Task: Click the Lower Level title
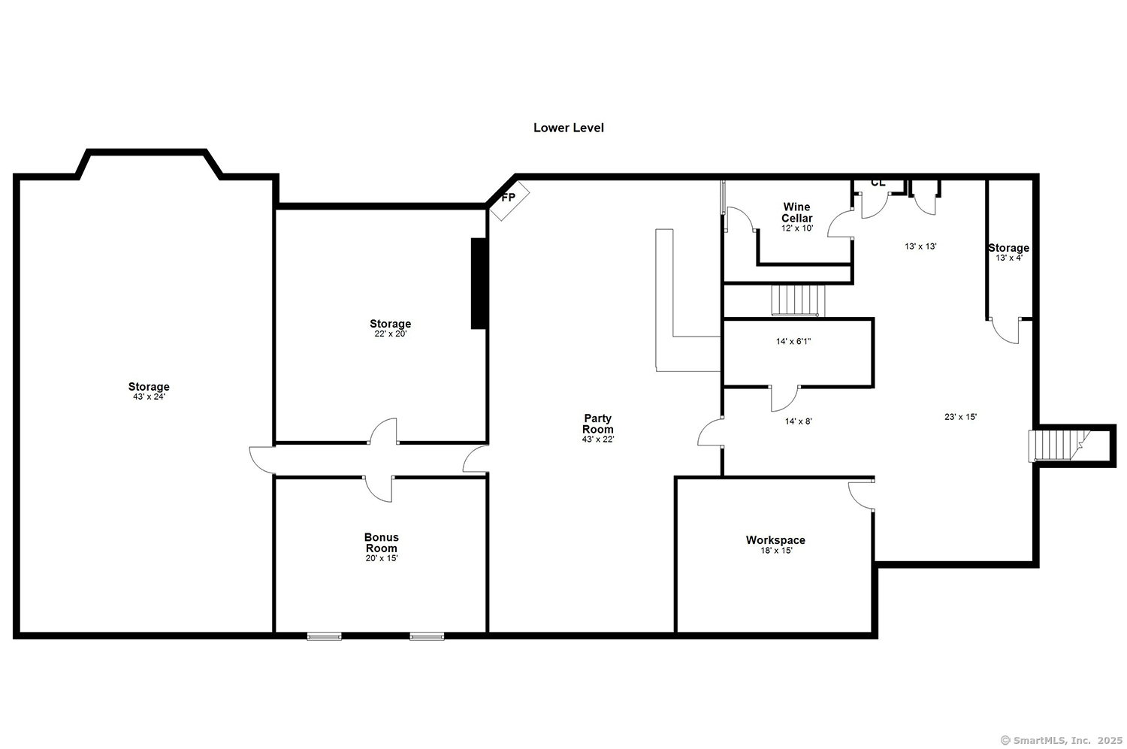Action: pyautogui.click(x=569, y=128)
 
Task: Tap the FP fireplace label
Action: pyautogui.click(x=508, y=197)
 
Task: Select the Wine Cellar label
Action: pyautogui.click(x=797, y=213)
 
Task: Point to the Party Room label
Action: pyautogui.click(x=598, y=424)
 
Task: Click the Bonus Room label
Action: pyautogui.click(x=382, y=542)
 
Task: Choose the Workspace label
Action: pyautogui.click(x=775, y=539)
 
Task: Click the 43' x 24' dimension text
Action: pyautogui.click(x=149, y=397)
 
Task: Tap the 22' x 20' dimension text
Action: pyautogui.click(x=391, y=334)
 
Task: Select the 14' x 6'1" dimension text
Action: pyautogui.click(x=793, y=342)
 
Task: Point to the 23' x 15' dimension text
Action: pyautogui.click(x=960, y=416)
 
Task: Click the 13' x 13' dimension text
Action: pyautogui.click(x=920, y=246)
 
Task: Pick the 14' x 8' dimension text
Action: pyautogui.click(x=799, y=421)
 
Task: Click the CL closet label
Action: pyautogui.click(x=878, y=183)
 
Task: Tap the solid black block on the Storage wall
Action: pyautogui.click(x=479, y=284)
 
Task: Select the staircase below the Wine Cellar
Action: pyautogui.click(x=798, y=301)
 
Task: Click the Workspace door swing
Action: pyautogui.click(x=861, y=496)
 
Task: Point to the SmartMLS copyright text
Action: pyautogui.click(x=1062, y=740)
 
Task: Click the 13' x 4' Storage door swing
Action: pyautogui.click(x=1005, y=331)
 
